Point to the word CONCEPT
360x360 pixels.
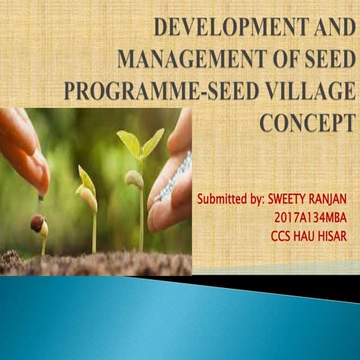point(307,122)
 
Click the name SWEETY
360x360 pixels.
point(290,201)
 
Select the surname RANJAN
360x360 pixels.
point(334,201)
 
